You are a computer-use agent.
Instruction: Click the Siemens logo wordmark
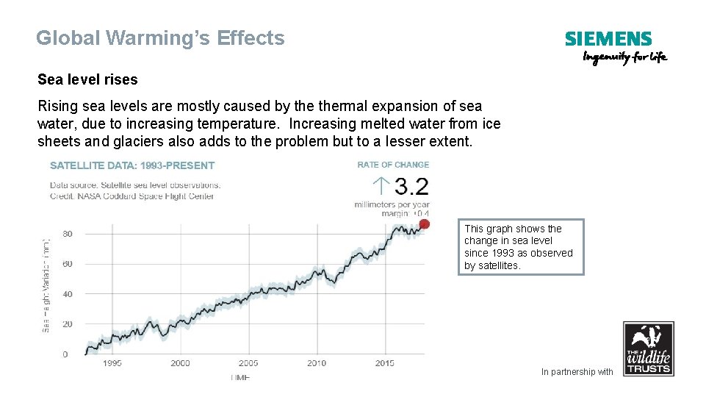point(608,39)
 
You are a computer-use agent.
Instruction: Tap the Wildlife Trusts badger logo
point(648,348)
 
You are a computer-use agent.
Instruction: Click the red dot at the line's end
point(424,224)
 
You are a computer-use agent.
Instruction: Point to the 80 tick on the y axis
point(68,234)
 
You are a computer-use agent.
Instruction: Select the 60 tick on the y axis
point(68,264)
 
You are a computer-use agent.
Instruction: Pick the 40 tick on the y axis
point(68,294)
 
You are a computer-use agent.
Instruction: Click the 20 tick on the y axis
point(68,324)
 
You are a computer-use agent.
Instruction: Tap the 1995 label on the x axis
point(112,363)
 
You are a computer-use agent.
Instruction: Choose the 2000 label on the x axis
point(180,363)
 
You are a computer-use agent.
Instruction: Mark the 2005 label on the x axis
point(248,363)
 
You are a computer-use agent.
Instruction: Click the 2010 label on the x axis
point(317,363)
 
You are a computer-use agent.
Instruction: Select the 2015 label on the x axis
point(385,363)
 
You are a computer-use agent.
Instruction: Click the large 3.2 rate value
point(411,186)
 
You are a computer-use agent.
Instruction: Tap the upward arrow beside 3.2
point(381,186)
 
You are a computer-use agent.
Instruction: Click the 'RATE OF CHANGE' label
point(394,165)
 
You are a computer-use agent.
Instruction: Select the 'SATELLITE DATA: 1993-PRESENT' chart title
point(132,165)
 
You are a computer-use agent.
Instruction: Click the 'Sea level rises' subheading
point(87,79)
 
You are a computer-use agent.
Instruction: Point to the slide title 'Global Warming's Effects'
point(160,38)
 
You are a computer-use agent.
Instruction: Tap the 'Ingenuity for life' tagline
point(625,57)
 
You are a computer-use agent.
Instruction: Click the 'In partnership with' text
point(577,372)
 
